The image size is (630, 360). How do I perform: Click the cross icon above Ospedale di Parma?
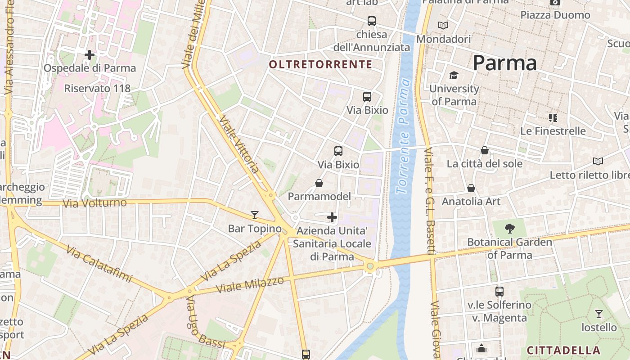pyautogui.click(x=90, y=55)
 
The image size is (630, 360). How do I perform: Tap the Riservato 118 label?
pyautogui.click(x=97, y=88)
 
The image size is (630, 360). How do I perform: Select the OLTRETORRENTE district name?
pyautogui.click(x=320, y=64)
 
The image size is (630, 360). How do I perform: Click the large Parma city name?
pyautogui.click(x=504, y=63)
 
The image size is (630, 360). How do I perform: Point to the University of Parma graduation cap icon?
pyautogui.click(x=453, y=75)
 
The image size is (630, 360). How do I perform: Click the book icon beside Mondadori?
pyautogui.click(x=443, y=26)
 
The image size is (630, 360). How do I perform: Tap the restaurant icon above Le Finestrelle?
pyautogui.click(x=553, y=118)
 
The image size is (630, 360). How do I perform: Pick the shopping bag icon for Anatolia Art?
pyautogui.click(x=471, y=188)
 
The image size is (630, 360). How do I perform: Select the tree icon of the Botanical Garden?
pyautogui.click(x=509, y=229)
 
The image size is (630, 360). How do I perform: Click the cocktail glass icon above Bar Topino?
pyautogui.click(x=255, y=215)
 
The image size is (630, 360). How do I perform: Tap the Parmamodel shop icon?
pyautogui.click(x=319, y=183)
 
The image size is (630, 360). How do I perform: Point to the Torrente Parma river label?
pyautogui.click(x=404, y=136)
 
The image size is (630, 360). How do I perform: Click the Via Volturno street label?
pyautogui.click(x=94, y=203)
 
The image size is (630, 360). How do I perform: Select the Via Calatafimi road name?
pyautogui.click(x=100, y=264)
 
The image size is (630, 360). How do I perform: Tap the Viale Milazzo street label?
pyautogui.click(x=250, y=284)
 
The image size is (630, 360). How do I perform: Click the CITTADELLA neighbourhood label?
pyautogui.click(x=563, y=350)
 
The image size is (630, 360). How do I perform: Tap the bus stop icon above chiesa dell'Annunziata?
pyautogui.click(x=371, y=21)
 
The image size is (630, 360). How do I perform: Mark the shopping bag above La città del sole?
pyautogui.click(x=485, y=150)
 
